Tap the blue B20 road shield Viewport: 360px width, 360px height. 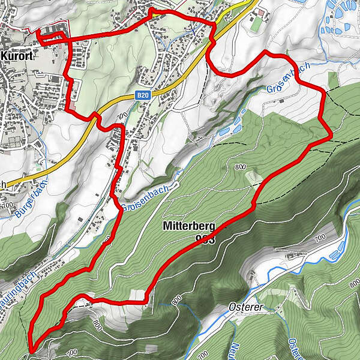pyautogui.click(x=142, y=95)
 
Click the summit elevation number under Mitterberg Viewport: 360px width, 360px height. pyautogui.click(x=205, y=239)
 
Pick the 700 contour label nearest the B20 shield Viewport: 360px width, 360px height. pyautogui.click(x=124, y=115)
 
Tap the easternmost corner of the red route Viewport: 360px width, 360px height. pyautogui.click(x=330, y=137)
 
